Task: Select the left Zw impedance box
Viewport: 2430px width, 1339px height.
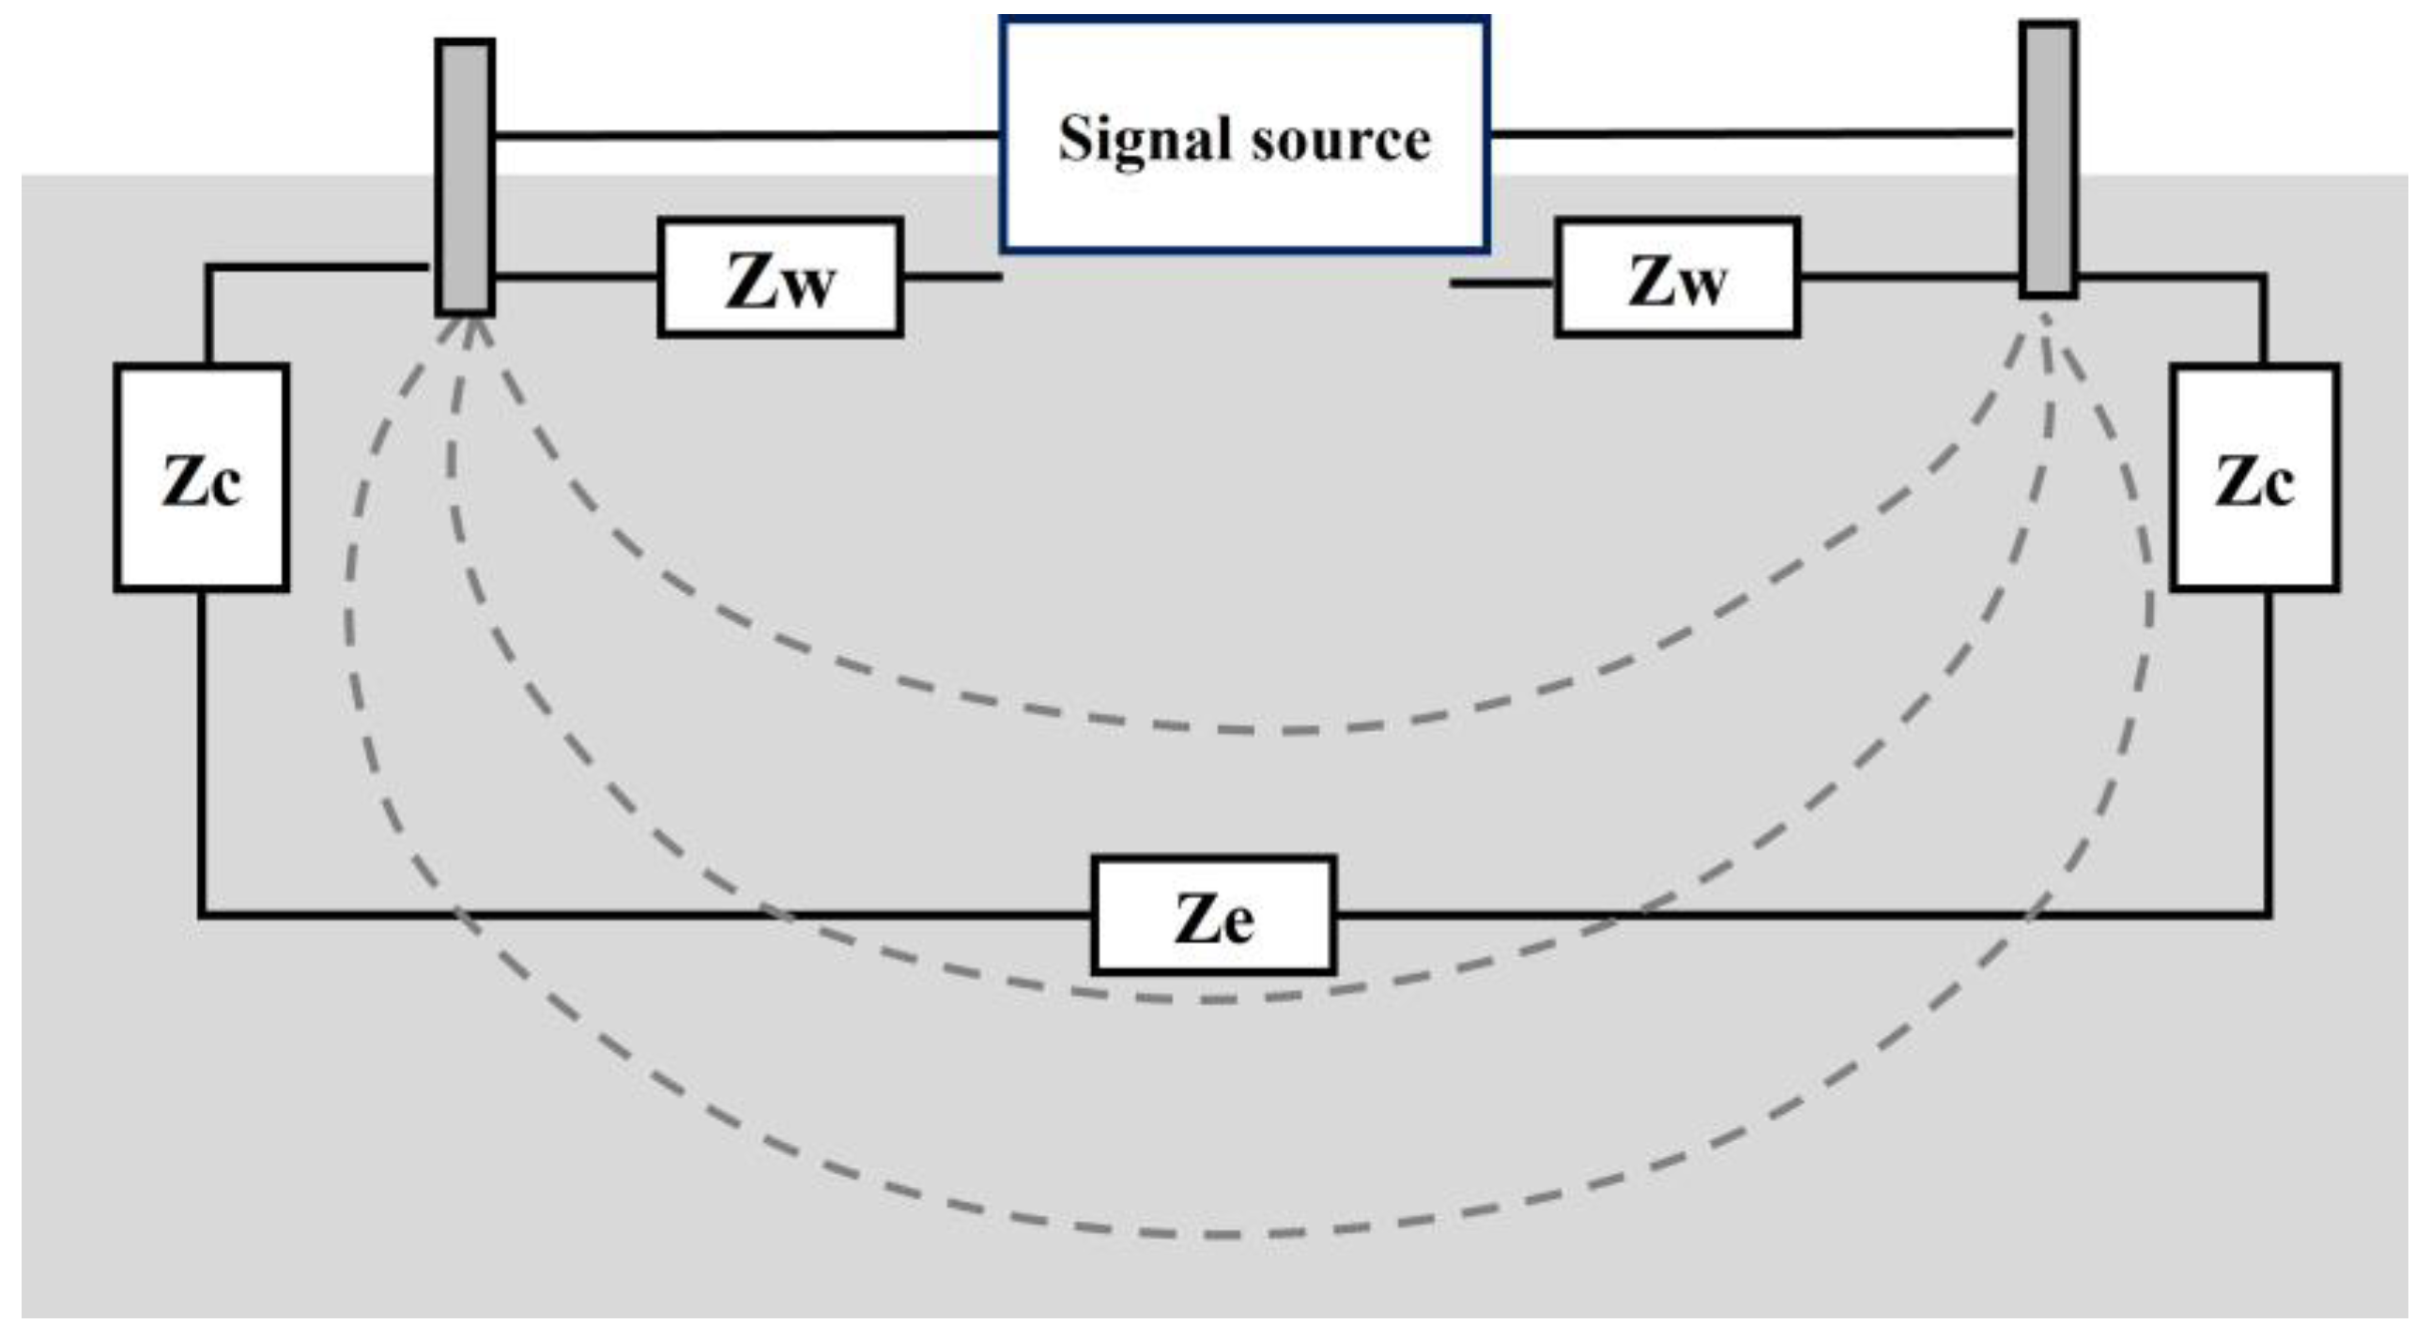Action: (x=780, y=277)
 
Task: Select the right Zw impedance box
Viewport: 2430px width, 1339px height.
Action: (x=1677, y=277)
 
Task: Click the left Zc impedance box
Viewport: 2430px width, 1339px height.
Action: (x=202, y=477)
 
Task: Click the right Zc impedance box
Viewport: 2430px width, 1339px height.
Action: (x=2254, y=477)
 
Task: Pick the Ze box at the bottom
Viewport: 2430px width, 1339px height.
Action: (x=1214, y=916)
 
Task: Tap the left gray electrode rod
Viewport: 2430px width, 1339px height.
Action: (x=465, y=175)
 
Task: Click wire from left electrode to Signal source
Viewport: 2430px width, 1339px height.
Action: (x=746, y=137)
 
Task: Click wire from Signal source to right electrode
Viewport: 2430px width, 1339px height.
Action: (x=1750, y=134)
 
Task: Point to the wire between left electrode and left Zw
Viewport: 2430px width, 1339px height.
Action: (x=576, y=276)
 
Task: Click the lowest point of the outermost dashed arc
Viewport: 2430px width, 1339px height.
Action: (x=1217, y=1234)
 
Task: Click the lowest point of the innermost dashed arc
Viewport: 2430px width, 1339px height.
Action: (x=1264, y=731)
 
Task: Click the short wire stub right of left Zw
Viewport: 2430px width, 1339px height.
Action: (x=951, y=276)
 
